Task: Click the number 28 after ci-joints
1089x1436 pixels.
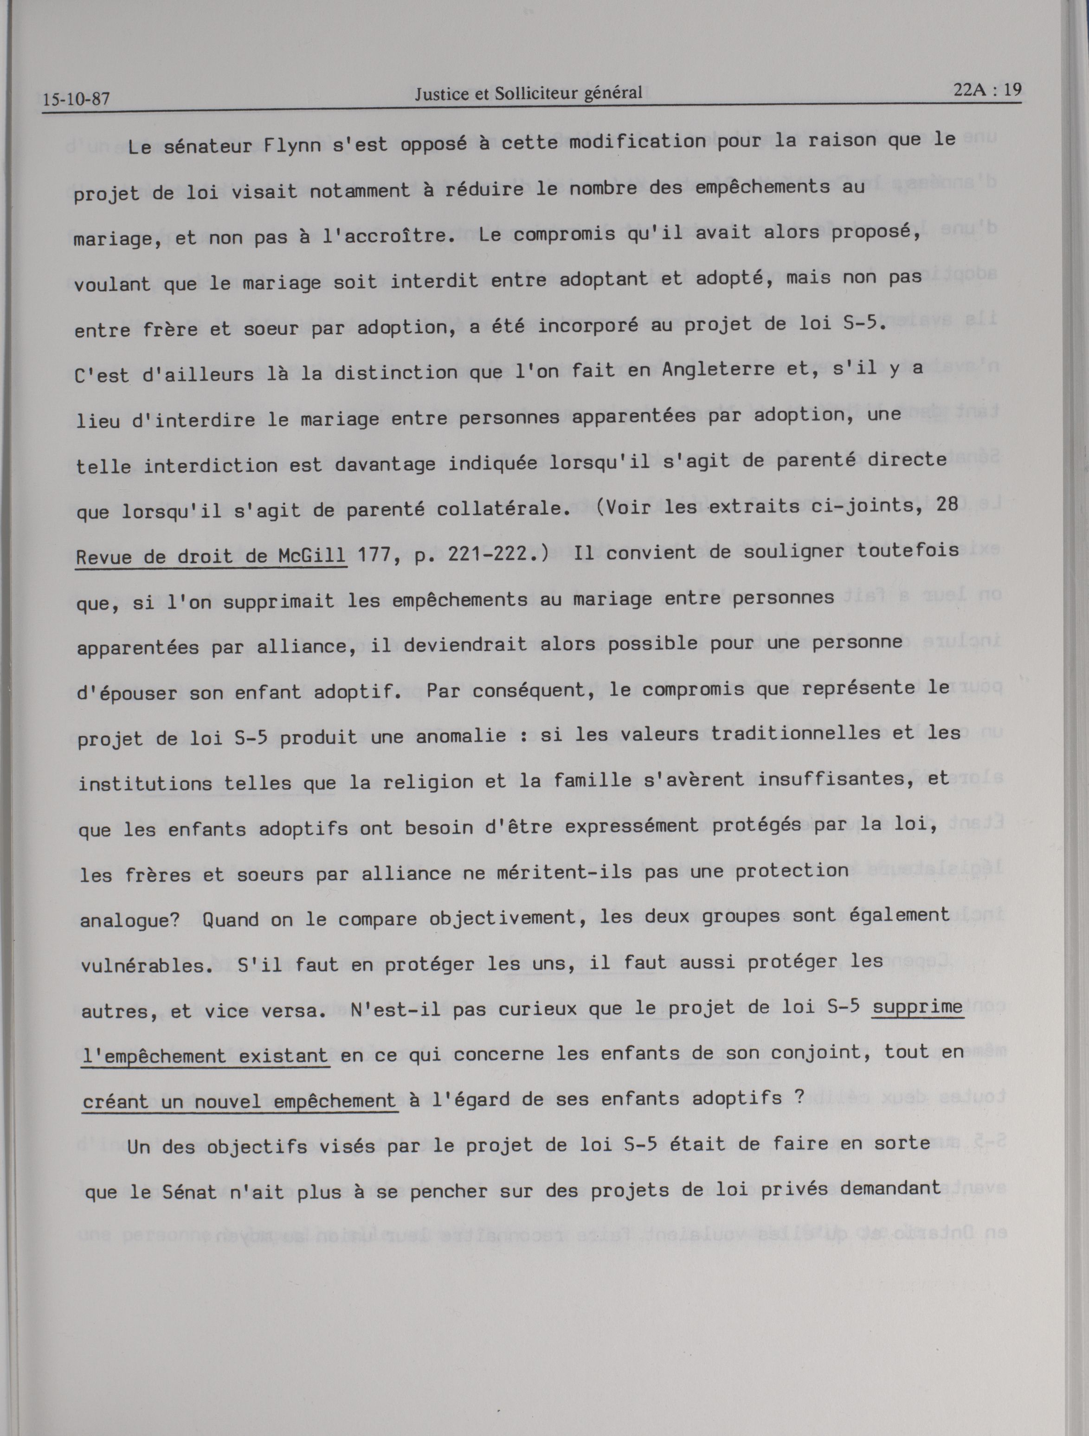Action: pos(947,505)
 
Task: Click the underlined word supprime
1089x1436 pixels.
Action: pos(917,1007)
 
